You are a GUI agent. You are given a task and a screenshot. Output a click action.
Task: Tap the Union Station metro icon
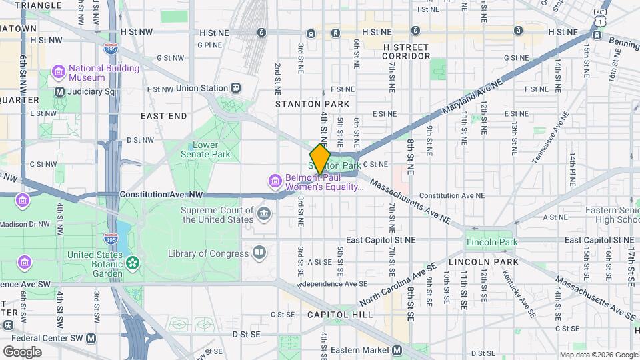[235, 88]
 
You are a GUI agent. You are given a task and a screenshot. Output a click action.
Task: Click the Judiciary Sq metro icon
[59, 91]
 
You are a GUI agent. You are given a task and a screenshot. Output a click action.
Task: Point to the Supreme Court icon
[265, 214]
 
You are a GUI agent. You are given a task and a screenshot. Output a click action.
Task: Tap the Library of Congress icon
[259, 253]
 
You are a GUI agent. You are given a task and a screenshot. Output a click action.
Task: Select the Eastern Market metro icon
[397, 350]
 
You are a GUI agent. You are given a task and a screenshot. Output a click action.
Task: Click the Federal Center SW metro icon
[91, 338]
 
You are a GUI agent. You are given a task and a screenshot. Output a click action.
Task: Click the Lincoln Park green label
[492, 242]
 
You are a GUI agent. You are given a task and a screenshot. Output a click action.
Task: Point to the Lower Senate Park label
[210, 150]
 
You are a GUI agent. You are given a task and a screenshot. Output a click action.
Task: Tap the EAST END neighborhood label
[164, 116]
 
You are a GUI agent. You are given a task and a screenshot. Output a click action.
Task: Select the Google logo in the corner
[22, 351]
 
